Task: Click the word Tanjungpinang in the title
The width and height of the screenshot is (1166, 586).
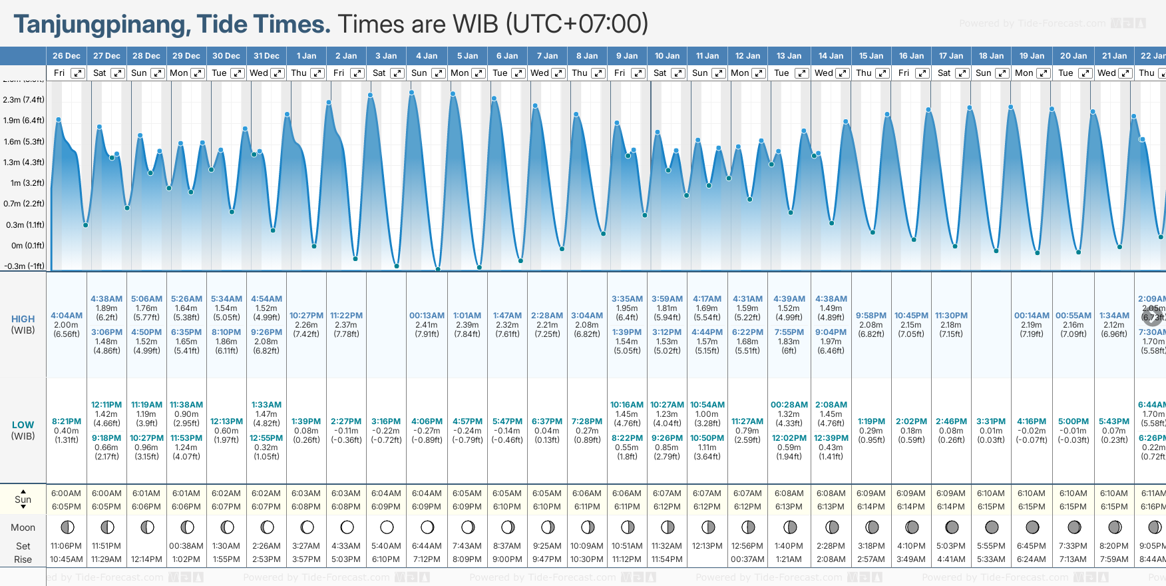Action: (x=99, y=25)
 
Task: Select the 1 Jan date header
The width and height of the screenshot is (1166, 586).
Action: (x=306, y=56)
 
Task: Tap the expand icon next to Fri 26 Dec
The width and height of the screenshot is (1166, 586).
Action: (x=78, y=73)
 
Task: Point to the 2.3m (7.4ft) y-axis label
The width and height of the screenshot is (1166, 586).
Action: (x=23, y=100)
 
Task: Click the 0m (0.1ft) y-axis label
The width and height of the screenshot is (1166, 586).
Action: (x=27, y=245)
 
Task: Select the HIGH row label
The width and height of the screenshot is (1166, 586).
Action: (x=23, y=319)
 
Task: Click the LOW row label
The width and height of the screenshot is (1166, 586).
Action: (x=23, y=425)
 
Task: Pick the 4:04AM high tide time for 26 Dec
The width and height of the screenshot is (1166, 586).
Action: (x=67, y=316)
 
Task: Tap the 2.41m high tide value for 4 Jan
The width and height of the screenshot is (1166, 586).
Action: (x=427, y=325)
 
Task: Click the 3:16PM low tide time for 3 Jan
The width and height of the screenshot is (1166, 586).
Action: (x=386, y=422)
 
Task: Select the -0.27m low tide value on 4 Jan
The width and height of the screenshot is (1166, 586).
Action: (x=427, y=431)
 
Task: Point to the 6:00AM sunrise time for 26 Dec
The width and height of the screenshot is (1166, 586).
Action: (x=67, y=493)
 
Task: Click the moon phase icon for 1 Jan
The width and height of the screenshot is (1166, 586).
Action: (x=307, y=527)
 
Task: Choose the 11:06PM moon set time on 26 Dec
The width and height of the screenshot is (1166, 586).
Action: (x=67, y=546)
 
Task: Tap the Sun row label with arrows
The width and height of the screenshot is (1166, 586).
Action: (x=23, y=499)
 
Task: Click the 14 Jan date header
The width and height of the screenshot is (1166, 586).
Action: (x=831, y=56)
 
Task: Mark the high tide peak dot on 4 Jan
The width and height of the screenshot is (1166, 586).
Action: (x=413, y=93)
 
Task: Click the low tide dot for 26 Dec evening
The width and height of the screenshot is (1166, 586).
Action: (x=86, y=225)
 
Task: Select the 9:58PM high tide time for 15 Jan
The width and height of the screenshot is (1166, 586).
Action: (x=871, y=316)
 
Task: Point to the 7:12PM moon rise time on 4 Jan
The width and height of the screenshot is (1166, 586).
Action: (x=427, y=559)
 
